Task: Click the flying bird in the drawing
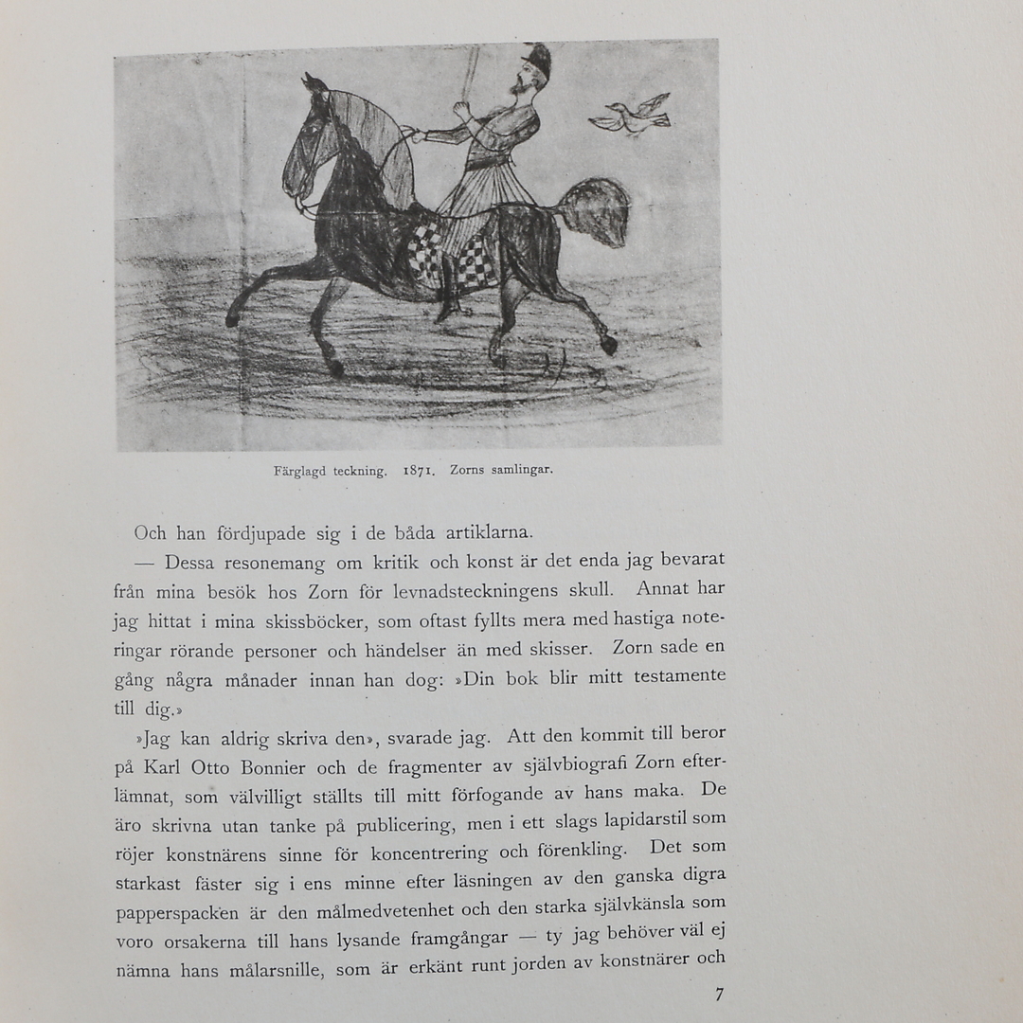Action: click(x=632, y=115)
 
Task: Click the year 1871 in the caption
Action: click(x=419, y=470)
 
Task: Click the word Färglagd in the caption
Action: click(x=301, y=471)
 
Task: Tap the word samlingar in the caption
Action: click(x=522, y=469)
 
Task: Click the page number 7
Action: click(x=719, y=994)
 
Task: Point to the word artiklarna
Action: click(x=481, y=532)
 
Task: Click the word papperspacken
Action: click(x=177, y=914)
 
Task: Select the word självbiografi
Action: click(x=552, y=763)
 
